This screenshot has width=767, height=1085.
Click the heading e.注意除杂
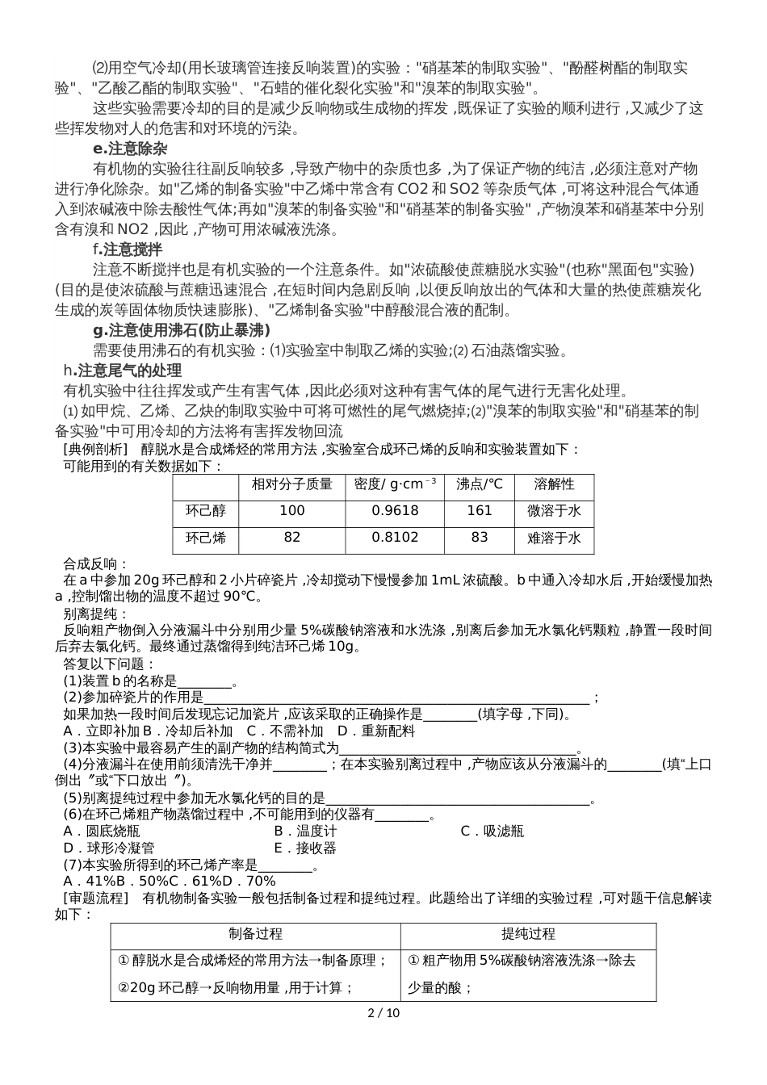coord(130,149)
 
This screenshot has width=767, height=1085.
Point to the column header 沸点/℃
coord(480,484)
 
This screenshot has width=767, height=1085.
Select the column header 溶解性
coord(554,484)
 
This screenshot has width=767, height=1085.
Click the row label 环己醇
coord(206,511)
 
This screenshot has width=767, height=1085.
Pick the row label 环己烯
coord(206,538)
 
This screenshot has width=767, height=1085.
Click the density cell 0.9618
coord(396,511)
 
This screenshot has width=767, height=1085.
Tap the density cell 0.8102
coord(396,538)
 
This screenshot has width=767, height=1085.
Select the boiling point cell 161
coord(480,511)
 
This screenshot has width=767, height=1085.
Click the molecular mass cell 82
coord(292,538)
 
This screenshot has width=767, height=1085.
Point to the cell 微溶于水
coord(554,511)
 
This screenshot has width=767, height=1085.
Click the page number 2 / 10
coord(383,1013)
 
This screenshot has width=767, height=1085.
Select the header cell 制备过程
coord(255,935)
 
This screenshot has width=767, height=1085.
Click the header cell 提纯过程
coord(528,935)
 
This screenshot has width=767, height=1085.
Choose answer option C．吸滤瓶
coord(492,832)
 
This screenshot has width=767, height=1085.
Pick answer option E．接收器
coord(305,848)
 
